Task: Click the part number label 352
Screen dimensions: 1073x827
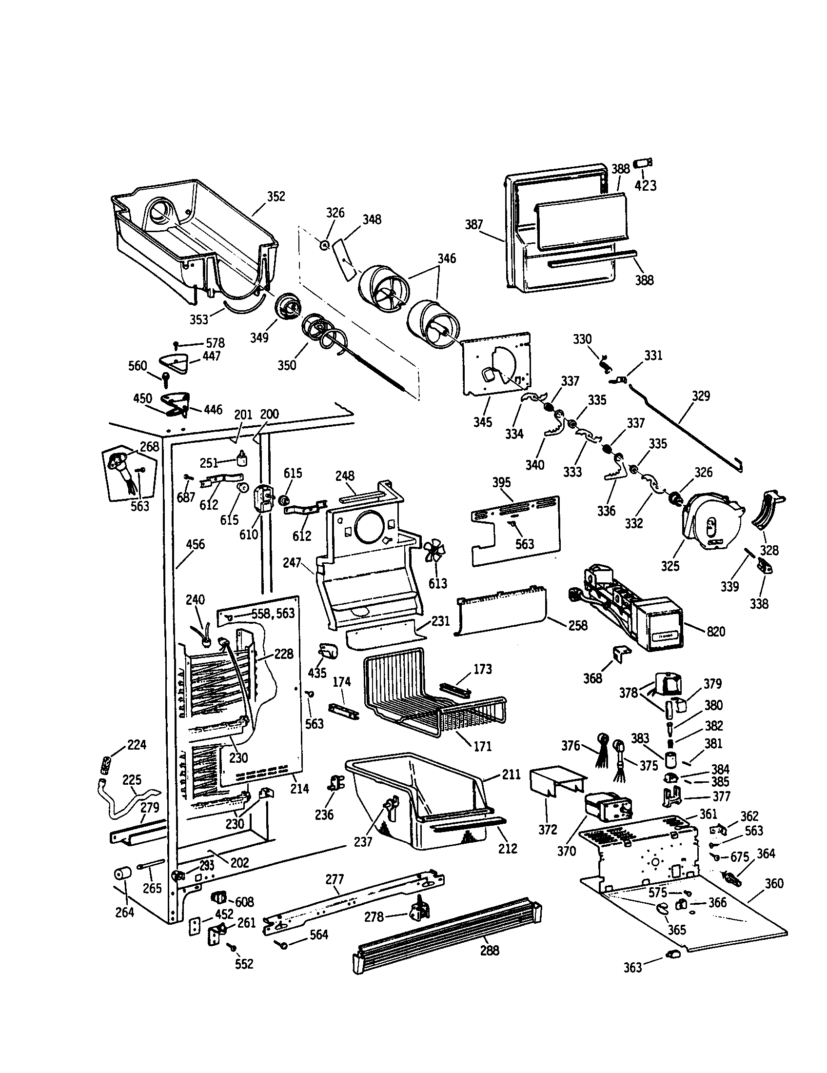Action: [276, 197]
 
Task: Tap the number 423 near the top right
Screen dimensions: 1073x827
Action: [645, 186]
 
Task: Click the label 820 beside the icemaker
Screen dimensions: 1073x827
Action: [715, 631]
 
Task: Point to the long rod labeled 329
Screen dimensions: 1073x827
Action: [688, 427]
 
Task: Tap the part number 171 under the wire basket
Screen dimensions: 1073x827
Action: [482, 746]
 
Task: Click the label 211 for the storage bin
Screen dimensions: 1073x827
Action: [511, 775]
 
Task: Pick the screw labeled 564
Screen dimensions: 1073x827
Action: [283, 945]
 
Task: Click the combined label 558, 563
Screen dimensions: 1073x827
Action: [273, 613]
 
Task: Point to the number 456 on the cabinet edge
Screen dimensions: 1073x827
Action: [195, 544]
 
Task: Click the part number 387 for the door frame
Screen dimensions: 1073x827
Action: [474, 225]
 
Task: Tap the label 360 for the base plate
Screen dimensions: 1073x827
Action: [774, 884]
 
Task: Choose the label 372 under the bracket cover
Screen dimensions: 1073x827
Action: [548, 830]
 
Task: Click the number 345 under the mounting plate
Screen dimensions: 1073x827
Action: [482, 422]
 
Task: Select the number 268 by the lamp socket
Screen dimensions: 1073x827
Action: [149, 446]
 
